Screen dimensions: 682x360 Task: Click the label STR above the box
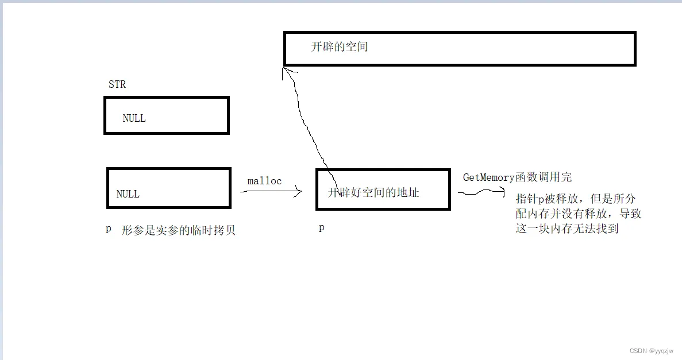pos(117,84)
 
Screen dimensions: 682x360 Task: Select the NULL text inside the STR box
pos(134,118)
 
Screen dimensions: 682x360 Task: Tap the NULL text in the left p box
pos(128,194)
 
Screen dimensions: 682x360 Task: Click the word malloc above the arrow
pos(264,181)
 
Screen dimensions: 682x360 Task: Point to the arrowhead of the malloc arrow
pos(299,192)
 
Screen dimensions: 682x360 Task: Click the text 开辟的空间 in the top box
pos(339,47)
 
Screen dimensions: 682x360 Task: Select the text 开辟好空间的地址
pos(373,193)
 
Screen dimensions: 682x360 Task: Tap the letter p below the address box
pos(322,228)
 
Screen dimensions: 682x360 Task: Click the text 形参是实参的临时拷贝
pos(179,231)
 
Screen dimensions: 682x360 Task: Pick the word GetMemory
pos(489,177)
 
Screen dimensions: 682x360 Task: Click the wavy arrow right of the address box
pos(480,193)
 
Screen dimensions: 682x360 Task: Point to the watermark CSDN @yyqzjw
pos(651,351)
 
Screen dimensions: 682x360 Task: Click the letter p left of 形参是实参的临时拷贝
pos(108,229)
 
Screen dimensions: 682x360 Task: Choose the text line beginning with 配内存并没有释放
pos(579,214)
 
